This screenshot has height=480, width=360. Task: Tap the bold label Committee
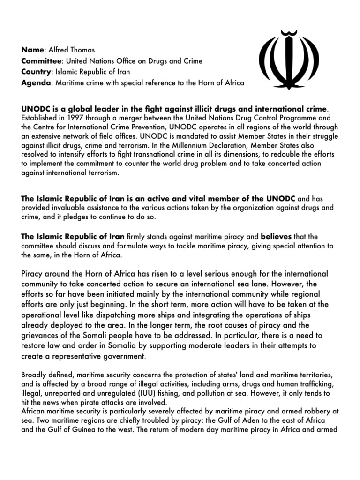click(x=41, y=60)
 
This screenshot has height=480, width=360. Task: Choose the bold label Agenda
click(x=36, y=83)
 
